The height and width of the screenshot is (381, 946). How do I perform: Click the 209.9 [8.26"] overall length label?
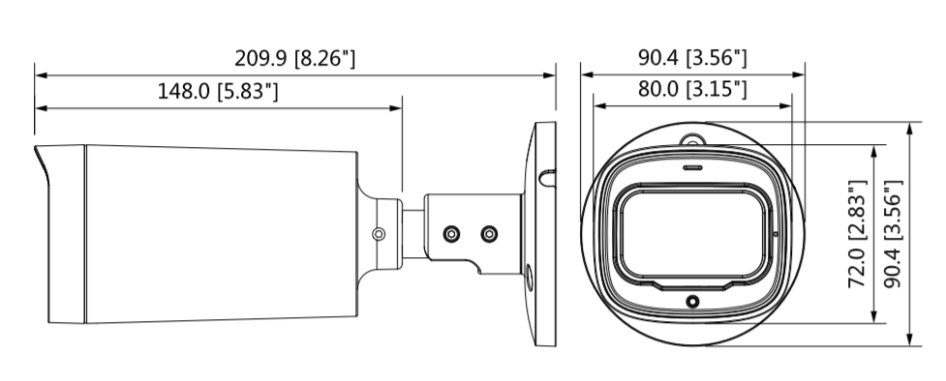coord(295,58)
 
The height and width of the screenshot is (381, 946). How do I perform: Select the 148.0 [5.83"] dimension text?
coord(218,92)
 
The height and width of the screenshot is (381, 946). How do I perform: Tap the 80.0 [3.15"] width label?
coord(692,89)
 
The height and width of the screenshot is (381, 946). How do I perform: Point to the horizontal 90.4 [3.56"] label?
coord(692,58)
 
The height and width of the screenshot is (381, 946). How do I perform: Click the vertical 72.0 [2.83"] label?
coord(858,234)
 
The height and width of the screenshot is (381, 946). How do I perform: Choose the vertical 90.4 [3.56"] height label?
coord(893,234)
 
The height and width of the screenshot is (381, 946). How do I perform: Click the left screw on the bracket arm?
coord(451,234)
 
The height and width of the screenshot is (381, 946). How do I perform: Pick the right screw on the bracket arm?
coord(489,234)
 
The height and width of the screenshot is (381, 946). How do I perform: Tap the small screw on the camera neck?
coord(379,234)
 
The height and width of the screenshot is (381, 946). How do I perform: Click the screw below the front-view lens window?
coord(692,301)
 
